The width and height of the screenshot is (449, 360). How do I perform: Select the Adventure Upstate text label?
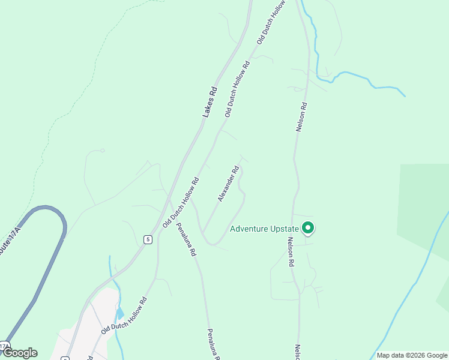[264, 229]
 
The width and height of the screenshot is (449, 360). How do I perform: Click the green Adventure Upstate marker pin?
[308, 228]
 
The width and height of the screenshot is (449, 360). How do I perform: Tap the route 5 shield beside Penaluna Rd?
[147, 239]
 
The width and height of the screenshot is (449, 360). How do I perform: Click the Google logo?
[19, 353]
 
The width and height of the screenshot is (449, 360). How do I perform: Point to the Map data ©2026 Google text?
[412, 355]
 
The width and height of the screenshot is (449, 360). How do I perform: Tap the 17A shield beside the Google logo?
[4, 346]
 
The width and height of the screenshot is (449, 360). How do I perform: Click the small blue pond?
[121, 313]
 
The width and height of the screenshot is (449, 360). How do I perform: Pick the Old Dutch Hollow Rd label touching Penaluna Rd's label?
[181, 203]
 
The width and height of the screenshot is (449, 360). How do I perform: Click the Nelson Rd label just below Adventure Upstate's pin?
[291, 251]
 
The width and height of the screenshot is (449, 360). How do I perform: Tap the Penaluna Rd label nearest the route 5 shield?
[186, 240]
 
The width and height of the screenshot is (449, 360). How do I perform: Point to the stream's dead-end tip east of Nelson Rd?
[404, 95]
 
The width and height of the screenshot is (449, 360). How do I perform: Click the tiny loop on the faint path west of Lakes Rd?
[103, 150]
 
